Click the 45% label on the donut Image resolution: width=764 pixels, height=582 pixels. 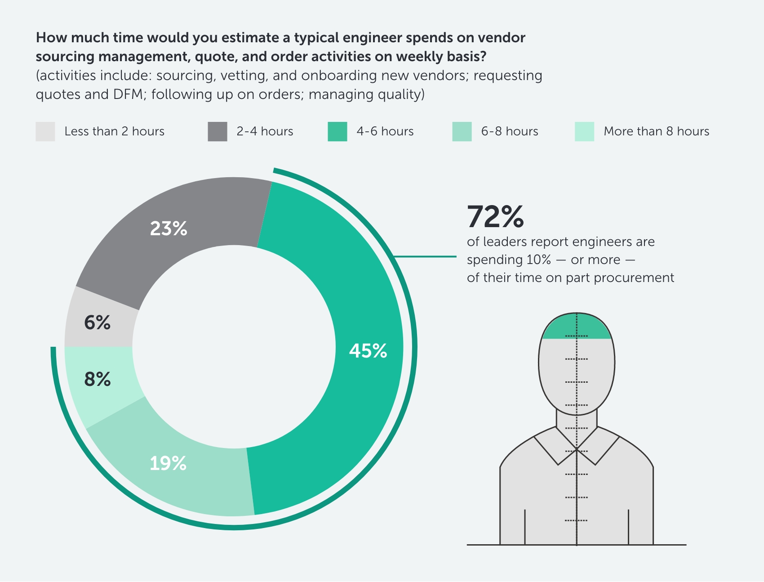pyautogui.click(x=368, y=351)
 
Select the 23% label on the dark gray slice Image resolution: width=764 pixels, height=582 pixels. pyautogui.click(x=169, y=228)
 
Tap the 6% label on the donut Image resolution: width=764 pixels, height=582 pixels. pyautogui.click(x=97, y=322)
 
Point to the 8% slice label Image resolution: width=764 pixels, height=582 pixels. pyautogui.click(x=97, y=379)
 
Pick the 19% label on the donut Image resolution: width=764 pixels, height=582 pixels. pyautogui.click(x=168, y=463)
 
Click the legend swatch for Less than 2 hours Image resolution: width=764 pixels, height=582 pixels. pyautogui.click(x=45, y=131)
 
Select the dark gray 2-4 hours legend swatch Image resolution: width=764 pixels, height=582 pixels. pyautogui.click(x=218, y=131)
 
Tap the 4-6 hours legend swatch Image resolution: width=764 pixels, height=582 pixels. pyautogui.click(x=338, y=131)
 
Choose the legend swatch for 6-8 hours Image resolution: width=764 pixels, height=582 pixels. pyautogui.click(x=462, y=131)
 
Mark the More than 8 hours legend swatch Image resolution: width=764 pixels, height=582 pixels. pyautogui.click(x=584, y=131)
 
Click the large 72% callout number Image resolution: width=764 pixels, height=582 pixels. pyautogui.click(x=495, y=217)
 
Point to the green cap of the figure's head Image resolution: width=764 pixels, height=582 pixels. pyautogui.click(x=577, y=327)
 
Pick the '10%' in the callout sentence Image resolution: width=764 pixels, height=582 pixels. pyautogui.click(x=538, y=260)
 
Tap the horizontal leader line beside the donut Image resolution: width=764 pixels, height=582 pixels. pyautogui.click(x=425, y=257)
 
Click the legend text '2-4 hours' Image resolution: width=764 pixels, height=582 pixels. pyautogui.click(x=265, y=131)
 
